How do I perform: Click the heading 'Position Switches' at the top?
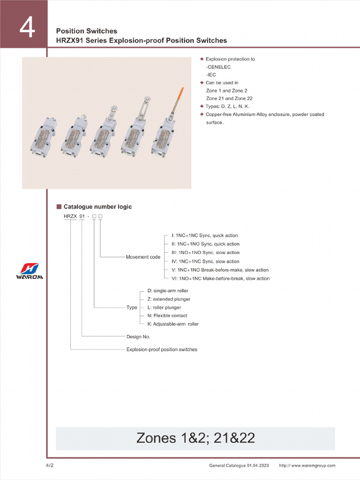tap(87, 31)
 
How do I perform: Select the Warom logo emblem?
tap(29, 269)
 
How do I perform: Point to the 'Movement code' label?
tap(143, 257)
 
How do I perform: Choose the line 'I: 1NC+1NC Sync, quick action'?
tap(204, 235)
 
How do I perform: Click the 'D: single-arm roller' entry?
tap(167, 291)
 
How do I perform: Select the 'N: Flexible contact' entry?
tap(167, 315)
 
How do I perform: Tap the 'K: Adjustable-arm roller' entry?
tap(172, 324)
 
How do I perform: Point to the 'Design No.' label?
tap(138, 337)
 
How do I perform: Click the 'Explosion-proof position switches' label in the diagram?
tap(162, 349)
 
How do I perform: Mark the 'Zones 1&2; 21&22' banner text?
tap(195, 438)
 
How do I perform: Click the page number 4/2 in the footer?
tap(49, 465)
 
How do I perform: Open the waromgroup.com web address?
tap(307, 465)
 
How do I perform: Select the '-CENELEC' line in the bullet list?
tap(218, 67)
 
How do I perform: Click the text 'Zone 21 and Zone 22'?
tap(229, 98)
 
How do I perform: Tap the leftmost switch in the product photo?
tap(44, 137)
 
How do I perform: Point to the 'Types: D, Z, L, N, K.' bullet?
tap(227, 106)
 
